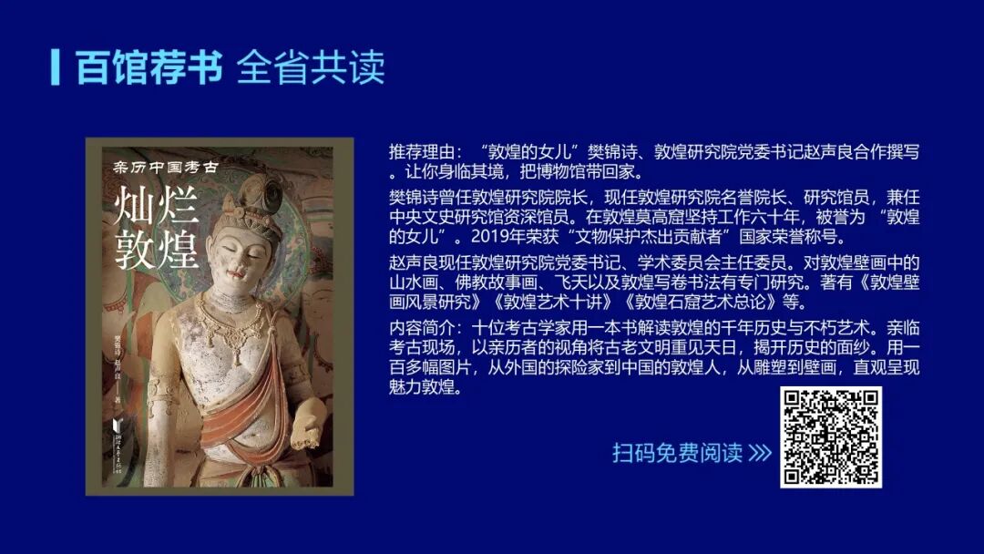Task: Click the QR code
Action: tap(830, 436)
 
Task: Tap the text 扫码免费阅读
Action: tap(677, 453)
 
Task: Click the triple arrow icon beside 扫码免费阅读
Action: tap(760, 453)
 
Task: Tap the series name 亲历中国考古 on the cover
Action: tap(164, 166)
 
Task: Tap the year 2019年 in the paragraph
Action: tap(497, 239)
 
